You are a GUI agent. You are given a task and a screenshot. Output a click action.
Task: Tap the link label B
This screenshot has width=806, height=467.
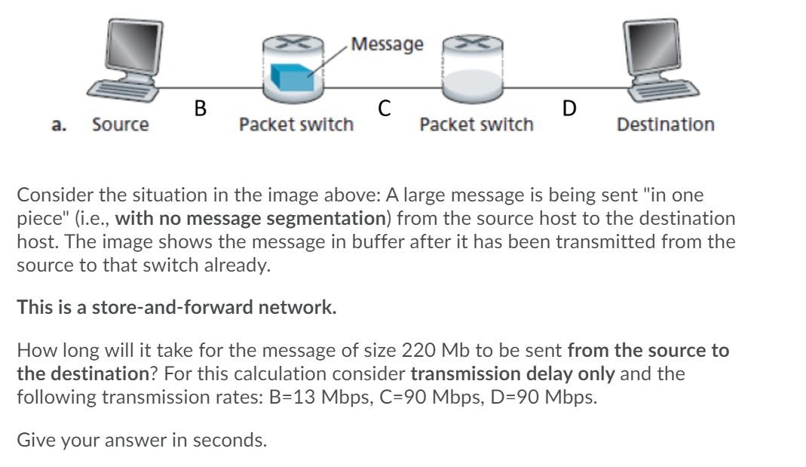pyautogui.click(x=200, y=109)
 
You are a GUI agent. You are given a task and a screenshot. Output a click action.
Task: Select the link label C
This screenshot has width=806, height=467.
pyautogui.click(x=384, y=109)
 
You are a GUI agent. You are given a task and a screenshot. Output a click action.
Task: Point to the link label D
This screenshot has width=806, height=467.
pyautogui.click(x=569, y=109)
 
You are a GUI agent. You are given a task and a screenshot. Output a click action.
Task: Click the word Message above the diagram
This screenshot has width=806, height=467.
pyautogui.click(x=388, y=45)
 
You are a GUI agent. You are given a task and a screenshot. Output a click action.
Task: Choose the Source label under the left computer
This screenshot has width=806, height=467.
pyautogui.click(x=121, y=124)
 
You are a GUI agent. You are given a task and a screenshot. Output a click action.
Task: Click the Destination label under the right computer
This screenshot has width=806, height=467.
pyautogui.click(x=665, y=124)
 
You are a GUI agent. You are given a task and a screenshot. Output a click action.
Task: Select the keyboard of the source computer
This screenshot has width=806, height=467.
pyautogui.click(x=124, y=93)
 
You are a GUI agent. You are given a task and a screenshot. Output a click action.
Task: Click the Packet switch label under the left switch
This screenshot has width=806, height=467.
pyautogui.click(x=296, y=124)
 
